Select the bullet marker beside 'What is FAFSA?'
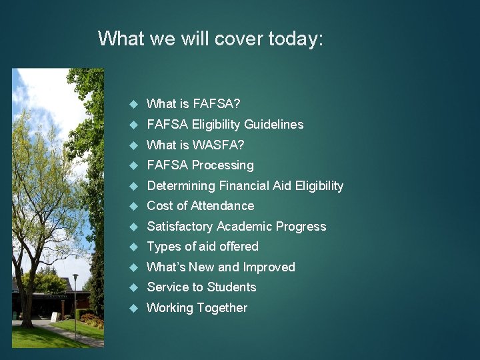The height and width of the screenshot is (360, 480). (133, 104)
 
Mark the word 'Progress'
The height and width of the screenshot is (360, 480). (299, 227)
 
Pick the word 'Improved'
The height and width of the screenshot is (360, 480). (269, 267)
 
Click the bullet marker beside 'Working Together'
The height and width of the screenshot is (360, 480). (133, 308)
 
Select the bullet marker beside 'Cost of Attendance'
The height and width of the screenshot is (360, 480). (133, 206)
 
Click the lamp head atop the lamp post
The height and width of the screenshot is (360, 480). (75, 277)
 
